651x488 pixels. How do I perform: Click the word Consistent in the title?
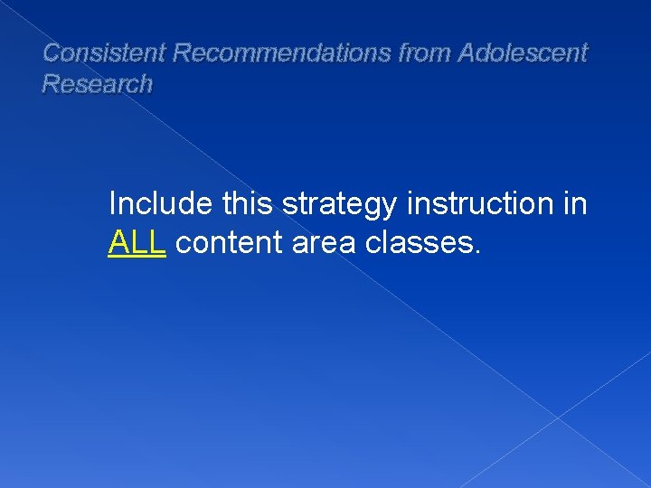104,53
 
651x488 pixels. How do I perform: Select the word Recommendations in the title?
282,53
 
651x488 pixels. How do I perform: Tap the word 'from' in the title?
425,53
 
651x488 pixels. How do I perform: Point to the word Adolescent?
523,53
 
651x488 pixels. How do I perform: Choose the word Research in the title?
98,85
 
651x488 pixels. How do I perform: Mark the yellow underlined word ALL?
137,242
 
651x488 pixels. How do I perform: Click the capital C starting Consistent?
52,53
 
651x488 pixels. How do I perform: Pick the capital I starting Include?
112,204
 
